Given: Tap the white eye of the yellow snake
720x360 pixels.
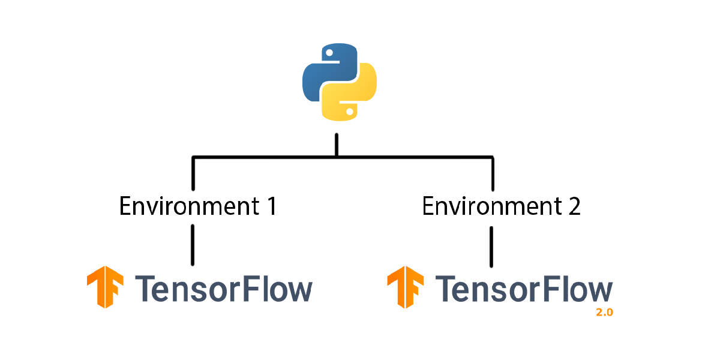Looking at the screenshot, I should pyautogui.click(x=349, y=110).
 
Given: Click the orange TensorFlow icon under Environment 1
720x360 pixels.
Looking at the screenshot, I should pyautogui.click(x=106, y=287).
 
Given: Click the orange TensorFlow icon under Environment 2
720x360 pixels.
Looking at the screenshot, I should pyautogui.click(x=406, y=287).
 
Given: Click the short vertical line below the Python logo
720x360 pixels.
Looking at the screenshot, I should pyautogui.click(x=337, y=144).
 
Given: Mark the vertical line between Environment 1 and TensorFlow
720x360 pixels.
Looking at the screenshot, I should pyautogui.click(x=193, y=245).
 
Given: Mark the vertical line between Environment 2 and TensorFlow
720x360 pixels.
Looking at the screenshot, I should pyautogui.click(x=492, y=246).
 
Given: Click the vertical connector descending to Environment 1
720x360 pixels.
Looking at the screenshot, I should pyautogui.click(x=193, y=174).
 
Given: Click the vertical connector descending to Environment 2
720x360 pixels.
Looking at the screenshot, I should pyautogui.click(x=493, y=174).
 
